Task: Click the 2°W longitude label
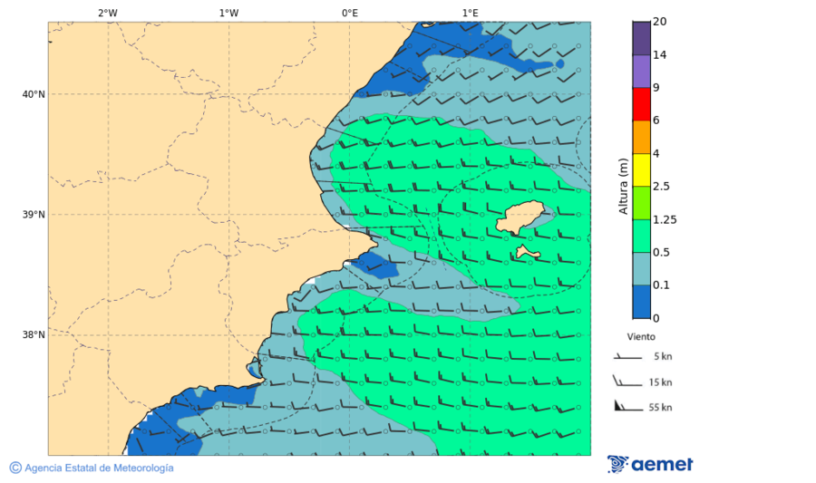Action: (107, 13)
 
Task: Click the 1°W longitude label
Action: (228, 13)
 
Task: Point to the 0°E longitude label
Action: (349, 13)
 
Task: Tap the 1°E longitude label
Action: (470, 13)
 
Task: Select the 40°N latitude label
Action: (34, 94)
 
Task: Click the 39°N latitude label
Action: (34, 215)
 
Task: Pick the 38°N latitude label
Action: (34, 335)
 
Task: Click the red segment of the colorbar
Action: (641, 104)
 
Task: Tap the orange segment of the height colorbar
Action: (641, 137)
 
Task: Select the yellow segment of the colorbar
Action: (641, 169)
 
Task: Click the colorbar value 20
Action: (660, 22)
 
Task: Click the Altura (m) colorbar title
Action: (623, 186)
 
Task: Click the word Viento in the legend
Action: (641, 336)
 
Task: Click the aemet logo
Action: (650, 465)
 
